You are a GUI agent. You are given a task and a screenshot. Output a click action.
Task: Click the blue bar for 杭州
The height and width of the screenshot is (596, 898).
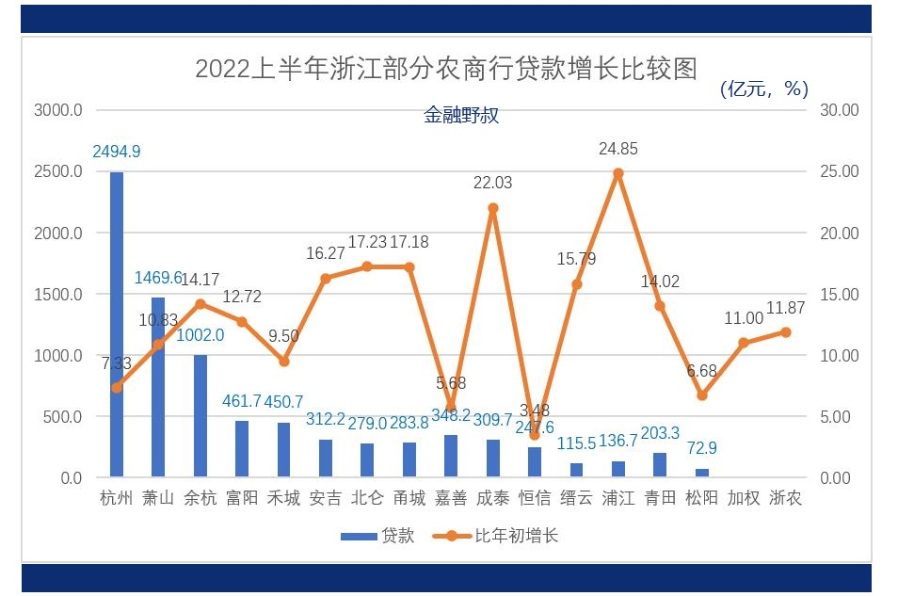tap(117, 325)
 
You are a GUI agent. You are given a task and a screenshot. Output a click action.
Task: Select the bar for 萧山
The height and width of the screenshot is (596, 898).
tap(158, 387)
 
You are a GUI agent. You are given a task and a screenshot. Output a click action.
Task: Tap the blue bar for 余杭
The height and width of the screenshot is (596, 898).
tap(200, 416)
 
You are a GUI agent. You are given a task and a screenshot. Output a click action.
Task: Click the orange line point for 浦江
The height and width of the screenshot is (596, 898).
tap(617, 173)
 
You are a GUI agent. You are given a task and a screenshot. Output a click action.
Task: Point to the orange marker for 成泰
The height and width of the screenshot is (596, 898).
tap(492, 208)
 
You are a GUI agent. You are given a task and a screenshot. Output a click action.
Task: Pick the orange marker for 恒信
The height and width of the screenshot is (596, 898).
tap(535, 435)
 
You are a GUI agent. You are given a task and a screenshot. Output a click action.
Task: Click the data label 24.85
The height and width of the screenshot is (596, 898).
tap(618, 149)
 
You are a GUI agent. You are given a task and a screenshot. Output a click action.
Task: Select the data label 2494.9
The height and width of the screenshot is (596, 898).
tap(117, 151)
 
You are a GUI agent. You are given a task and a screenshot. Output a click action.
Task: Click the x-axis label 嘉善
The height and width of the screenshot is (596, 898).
tap(451, 498)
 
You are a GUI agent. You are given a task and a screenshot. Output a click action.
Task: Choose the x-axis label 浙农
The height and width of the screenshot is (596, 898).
tap(785, 498)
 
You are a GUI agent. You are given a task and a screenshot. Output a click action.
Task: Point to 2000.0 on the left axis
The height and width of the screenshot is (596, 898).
tap(58, 233)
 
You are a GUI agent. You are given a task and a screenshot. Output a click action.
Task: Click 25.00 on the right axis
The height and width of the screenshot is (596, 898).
tap(840, 171)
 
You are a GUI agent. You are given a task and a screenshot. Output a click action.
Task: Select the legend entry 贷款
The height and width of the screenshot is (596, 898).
tap(377, 536)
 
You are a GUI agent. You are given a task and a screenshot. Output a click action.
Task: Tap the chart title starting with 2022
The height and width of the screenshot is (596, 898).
tap(445, 70)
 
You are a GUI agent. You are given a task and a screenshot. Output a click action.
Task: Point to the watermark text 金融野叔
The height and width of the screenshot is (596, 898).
tap(460, 116)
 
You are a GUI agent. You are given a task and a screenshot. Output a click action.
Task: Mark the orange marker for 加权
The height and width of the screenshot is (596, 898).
tap(744, 343)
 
